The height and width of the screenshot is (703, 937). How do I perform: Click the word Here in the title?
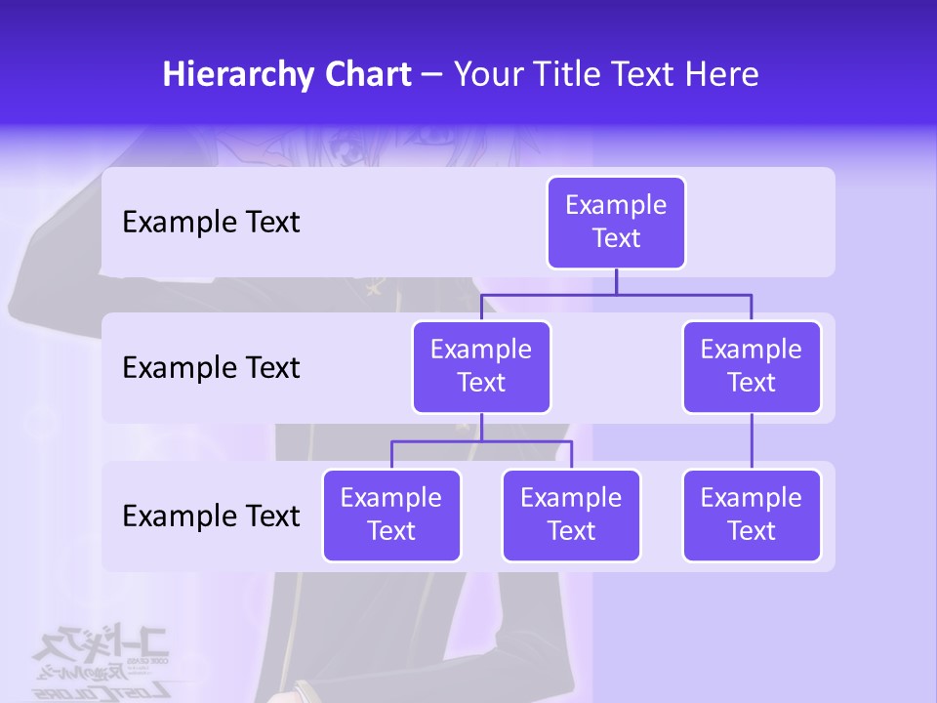coord(721,75)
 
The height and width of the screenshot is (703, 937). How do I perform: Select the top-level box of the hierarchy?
coord(616,223)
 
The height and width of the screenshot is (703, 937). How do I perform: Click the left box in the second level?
coord(481,367)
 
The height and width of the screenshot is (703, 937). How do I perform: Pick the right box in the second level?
coord(752,367)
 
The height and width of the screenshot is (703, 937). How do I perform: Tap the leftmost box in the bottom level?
coord(391,516)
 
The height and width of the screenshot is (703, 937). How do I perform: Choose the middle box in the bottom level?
coord(571,516)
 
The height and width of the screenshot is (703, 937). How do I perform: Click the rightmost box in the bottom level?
coord(752,516)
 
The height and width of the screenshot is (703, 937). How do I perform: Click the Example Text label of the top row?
coord(211,223)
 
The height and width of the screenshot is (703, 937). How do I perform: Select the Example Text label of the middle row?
coord(211,368)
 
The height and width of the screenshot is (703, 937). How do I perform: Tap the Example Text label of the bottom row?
coord(211,516)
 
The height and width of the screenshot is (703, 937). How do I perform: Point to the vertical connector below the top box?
coord(616,281)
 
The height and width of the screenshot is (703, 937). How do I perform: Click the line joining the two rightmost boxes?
coord(752,441)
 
